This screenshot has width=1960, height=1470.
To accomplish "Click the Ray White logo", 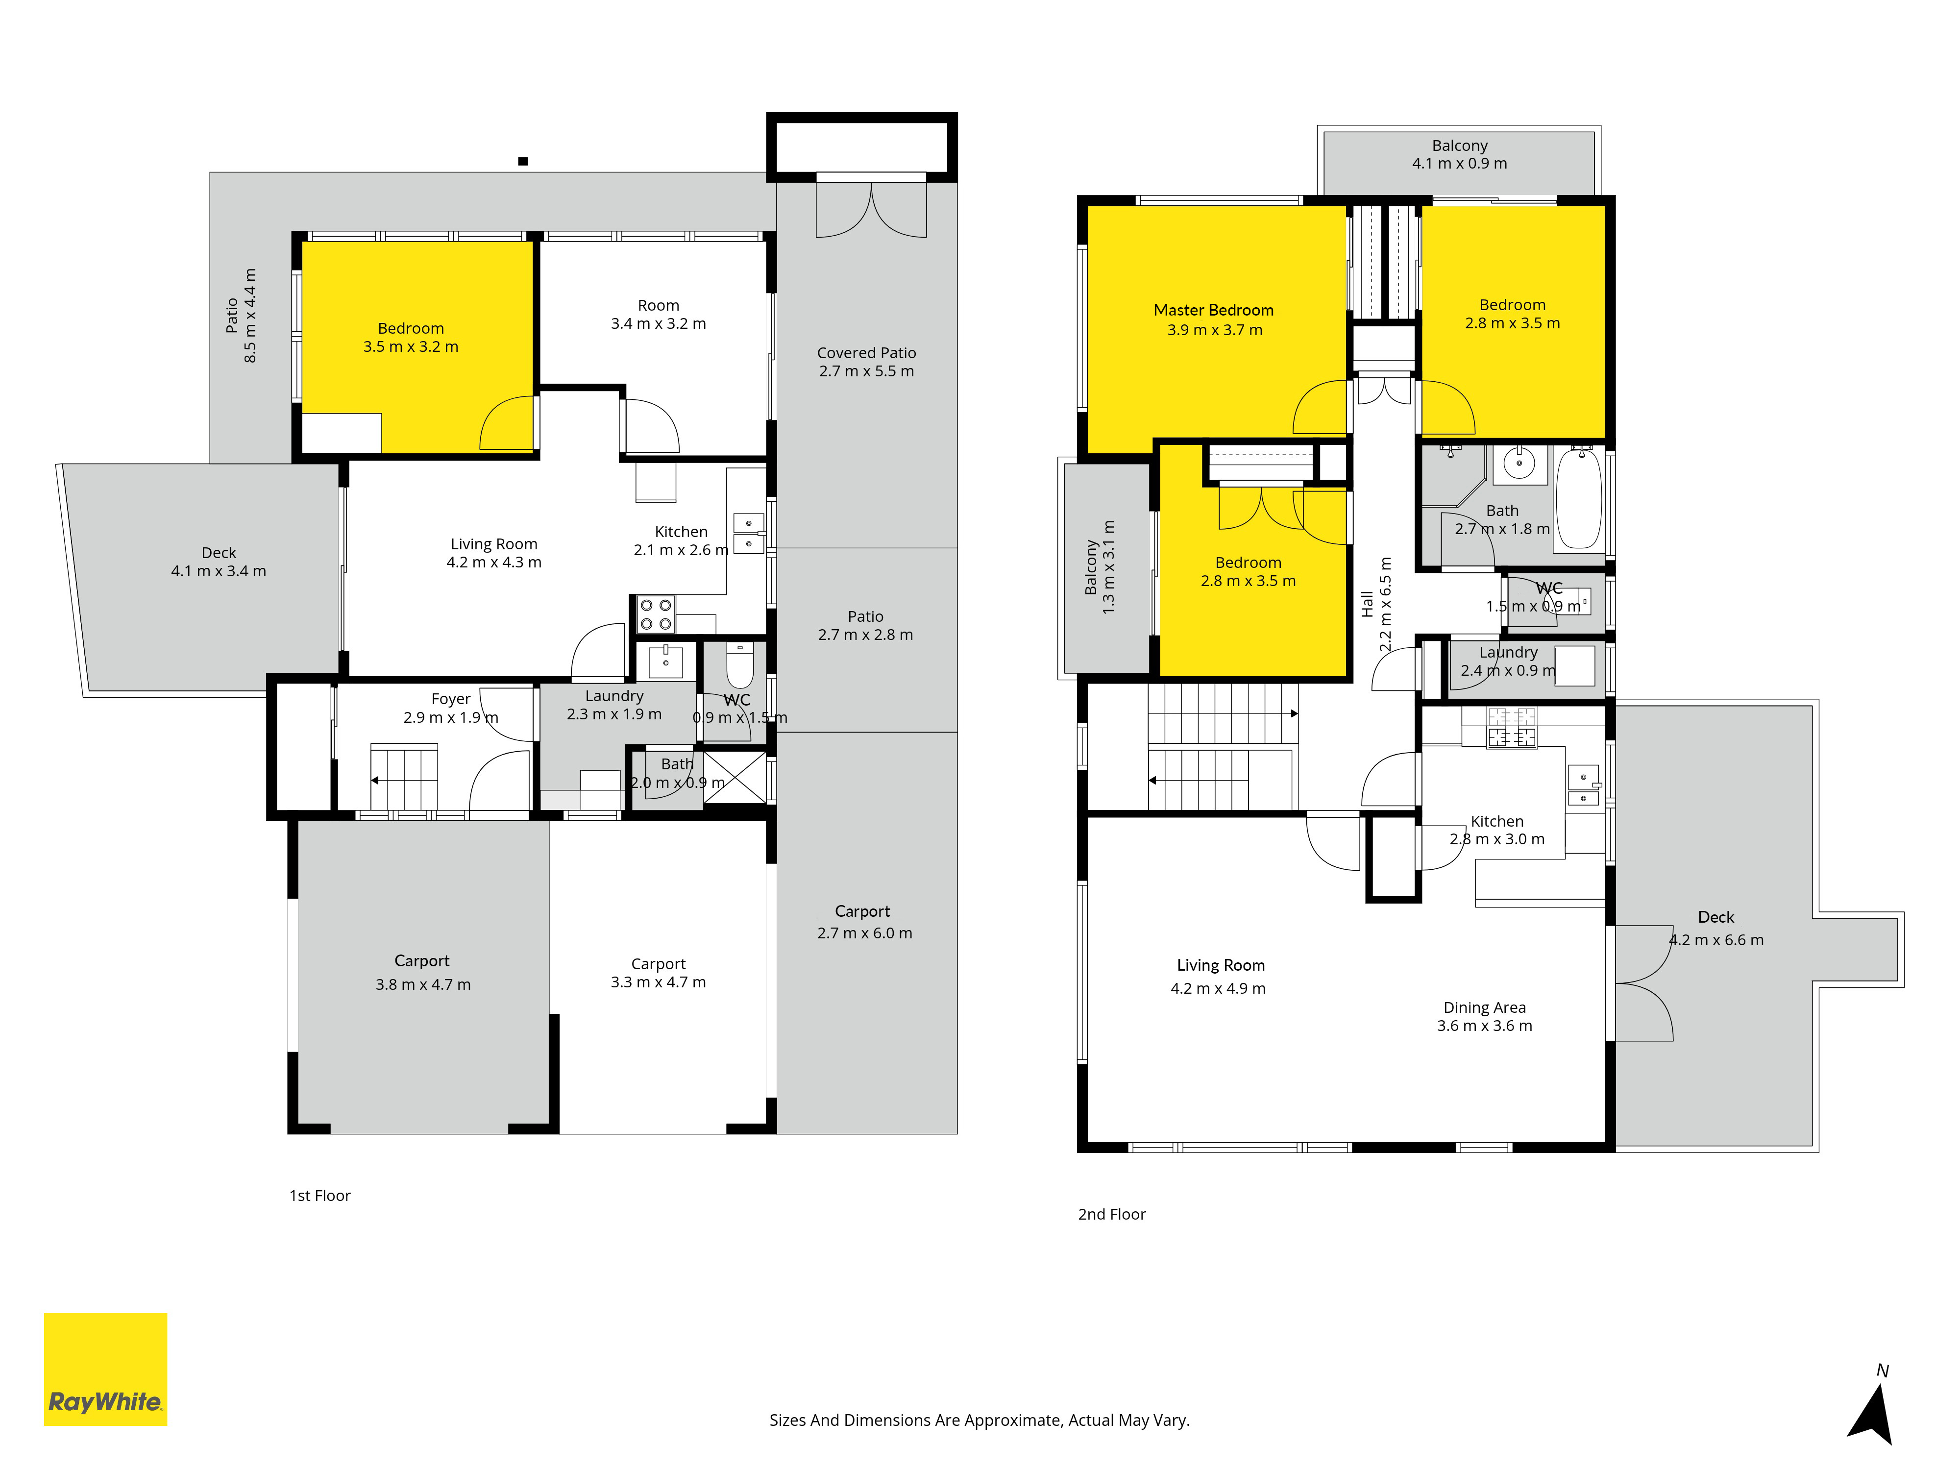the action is [x=105, y=1369].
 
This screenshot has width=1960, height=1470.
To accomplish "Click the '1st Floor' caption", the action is [x=320, y=1195].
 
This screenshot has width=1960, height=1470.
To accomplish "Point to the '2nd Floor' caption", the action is [x=1111, y=1214].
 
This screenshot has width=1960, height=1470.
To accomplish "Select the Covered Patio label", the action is [x=867, y=362].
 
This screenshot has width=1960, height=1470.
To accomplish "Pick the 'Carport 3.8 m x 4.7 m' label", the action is [x=423, y=972].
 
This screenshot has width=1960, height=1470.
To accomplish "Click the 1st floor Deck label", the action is [x=219, y=562].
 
